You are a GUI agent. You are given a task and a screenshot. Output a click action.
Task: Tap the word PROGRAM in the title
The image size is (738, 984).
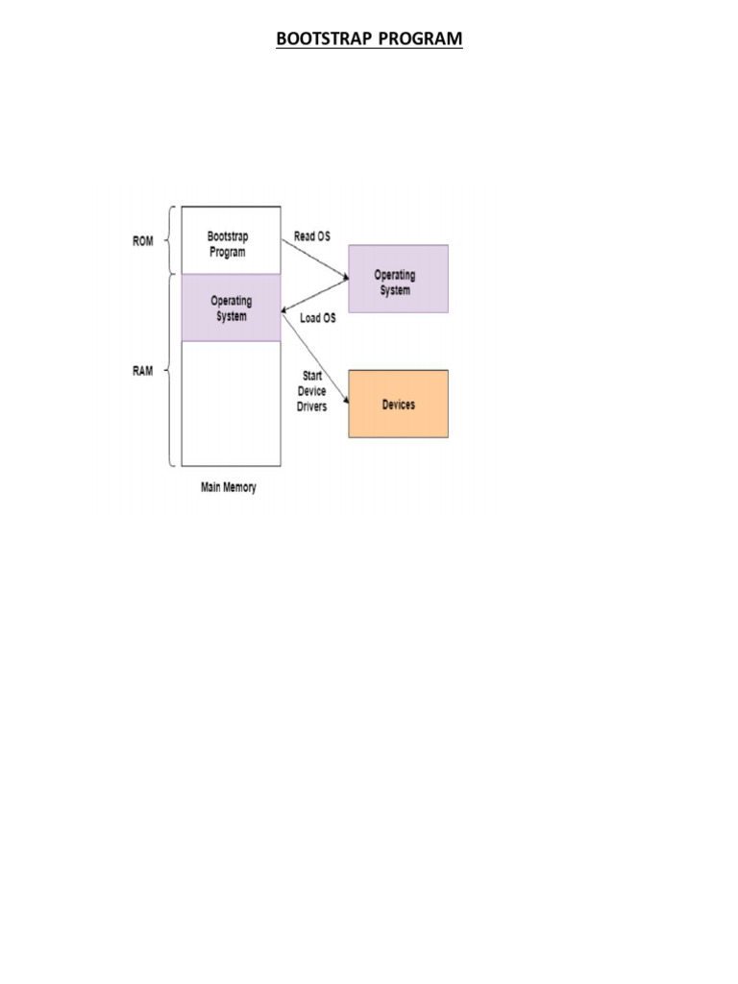point(420,38)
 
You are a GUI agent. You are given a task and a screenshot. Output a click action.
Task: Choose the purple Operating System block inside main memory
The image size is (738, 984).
point(231,307)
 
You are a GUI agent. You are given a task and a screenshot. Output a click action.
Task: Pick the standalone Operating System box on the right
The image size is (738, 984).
point(398,279)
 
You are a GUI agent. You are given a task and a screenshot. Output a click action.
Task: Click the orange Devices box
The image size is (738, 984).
point(398,405)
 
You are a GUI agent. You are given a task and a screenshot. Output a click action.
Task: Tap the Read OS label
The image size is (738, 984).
point(312,236)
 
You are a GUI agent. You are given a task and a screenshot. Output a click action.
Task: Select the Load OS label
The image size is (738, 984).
point(318,318)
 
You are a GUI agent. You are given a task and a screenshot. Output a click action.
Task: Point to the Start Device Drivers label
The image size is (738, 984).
point(311,391)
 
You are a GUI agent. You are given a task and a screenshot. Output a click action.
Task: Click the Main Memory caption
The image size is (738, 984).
point(229,487)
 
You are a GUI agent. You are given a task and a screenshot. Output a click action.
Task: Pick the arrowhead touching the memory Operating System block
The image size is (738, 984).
point(285,310)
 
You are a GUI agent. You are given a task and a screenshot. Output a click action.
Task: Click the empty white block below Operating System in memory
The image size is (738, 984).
point(231,403)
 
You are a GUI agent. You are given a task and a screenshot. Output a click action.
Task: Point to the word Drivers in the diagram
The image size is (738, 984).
point(311,406)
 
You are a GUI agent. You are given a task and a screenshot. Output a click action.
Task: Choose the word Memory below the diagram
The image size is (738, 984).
point(241,487)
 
